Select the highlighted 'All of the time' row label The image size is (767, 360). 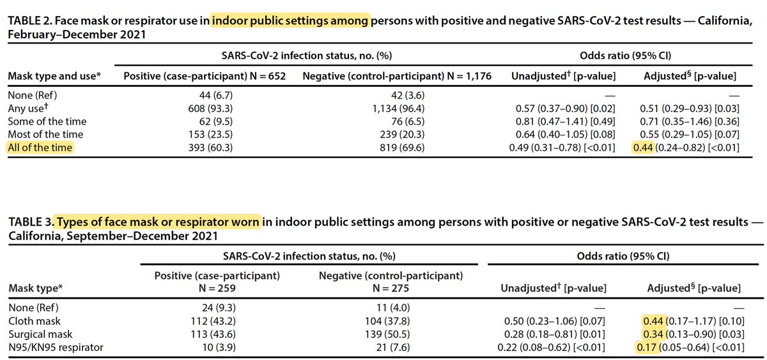tap(40, 148)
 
